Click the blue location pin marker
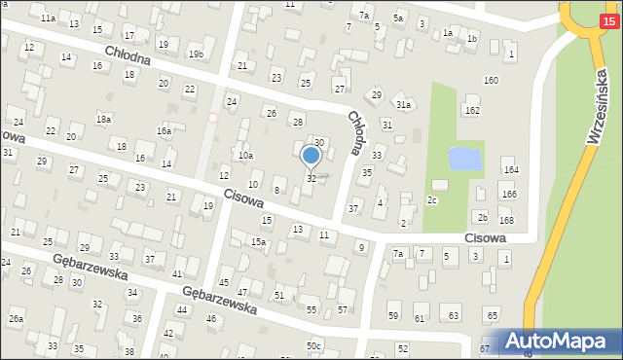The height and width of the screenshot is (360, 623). click(x=311, y=156)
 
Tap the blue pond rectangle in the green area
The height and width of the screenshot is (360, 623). click(x=464, y=158)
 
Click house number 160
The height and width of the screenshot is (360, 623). click(x=491, y=80)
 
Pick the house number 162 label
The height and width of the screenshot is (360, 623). click(x=472, y=111)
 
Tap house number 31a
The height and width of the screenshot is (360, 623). click(x=403, y=104)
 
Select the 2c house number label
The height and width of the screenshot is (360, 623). click(x=432, y=200)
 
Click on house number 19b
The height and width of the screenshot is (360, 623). click(x=196, y=54)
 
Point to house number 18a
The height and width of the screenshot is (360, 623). click(x=103, y=119)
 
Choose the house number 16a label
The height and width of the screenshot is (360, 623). click(x=165, y=130)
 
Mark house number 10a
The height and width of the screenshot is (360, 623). click(x=246, y=155)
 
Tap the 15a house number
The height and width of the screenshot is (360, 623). click(x=258, y=242)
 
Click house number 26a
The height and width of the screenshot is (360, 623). click(x=16, y=319)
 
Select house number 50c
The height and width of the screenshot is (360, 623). click(x=313, y=345)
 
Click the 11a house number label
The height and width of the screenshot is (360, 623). click(x=48, y=18)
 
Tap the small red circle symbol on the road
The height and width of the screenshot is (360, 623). click(x=213, y=118)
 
